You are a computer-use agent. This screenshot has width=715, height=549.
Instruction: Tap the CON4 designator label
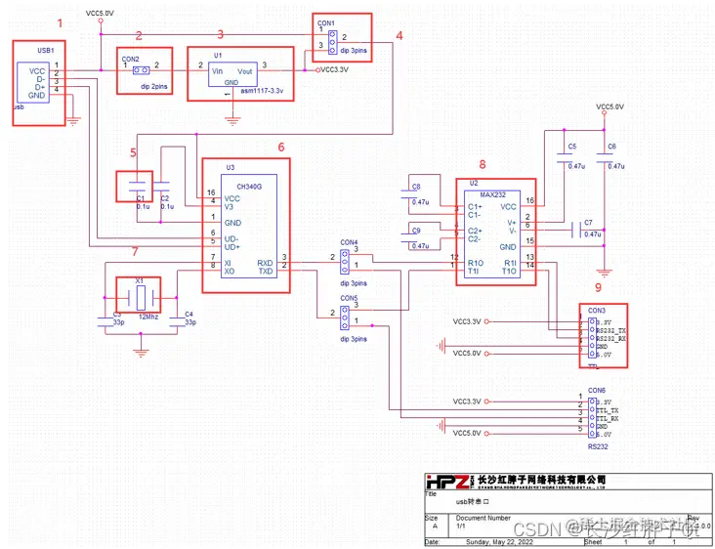(349, 242)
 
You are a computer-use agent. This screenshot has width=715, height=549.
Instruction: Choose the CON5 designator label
(349, 298)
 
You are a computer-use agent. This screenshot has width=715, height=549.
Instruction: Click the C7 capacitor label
(587, 223)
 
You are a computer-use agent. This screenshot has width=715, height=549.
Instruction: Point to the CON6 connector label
(597, 390)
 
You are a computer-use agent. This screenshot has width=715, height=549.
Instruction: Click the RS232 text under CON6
(598, 446)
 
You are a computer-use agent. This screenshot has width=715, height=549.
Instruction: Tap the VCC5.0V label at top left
(100, 13)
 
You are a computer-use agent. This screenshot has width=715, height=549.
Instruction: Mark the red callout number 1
(63, 21)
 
